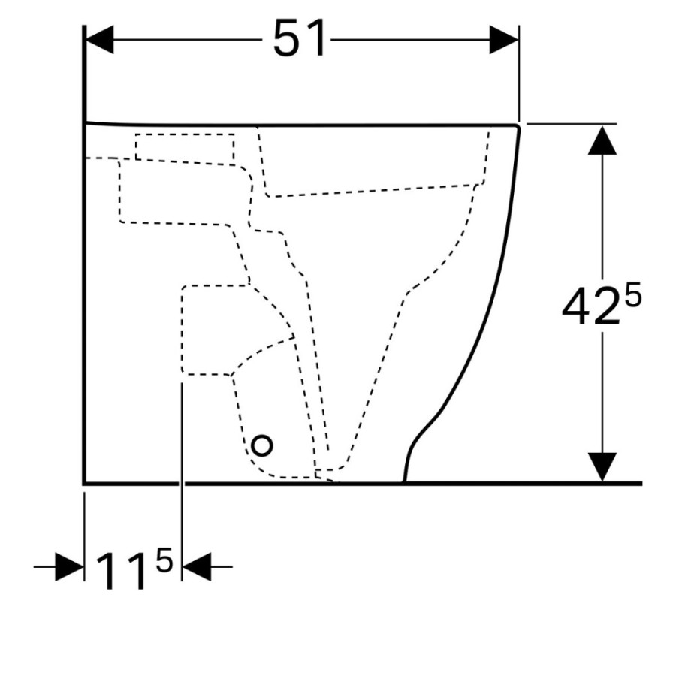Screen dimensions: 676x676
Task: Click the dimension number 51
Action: point(300,39)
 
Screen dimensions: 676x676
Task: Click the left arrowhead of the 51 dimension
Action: point(100,40)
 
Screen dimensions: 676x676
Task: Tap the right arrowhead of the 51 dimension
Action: point(503,40)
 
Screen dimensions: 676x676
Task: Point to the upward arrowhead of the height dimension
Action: point(602,140)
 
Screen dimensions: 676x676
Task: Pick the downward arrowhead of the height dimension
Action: point(602,467)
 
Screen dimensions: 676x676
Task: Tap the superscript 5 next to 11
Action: point(164,560)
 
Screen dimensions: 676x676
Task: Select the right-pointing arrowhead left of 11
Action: point(70,566)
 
